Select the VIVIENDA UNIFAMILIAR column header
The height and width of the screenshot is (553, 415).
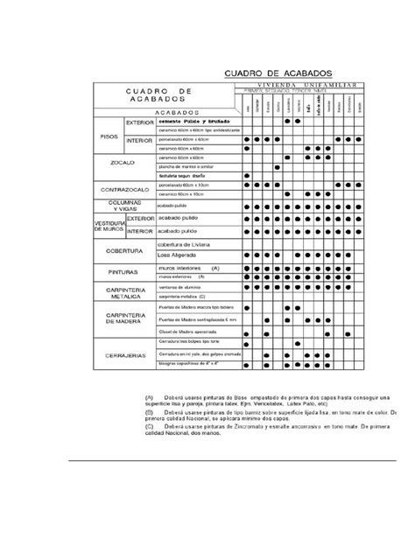(299, 87)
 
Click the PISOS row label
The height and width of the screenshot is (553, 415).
(111, 137)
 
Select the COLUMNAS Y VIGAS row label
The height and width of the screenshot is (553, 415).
(125, 205)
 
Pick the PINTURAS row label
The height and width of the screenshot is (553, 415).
(123, 273)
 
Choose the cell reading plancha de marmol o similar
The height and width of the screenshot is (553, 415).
(187, 165)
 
